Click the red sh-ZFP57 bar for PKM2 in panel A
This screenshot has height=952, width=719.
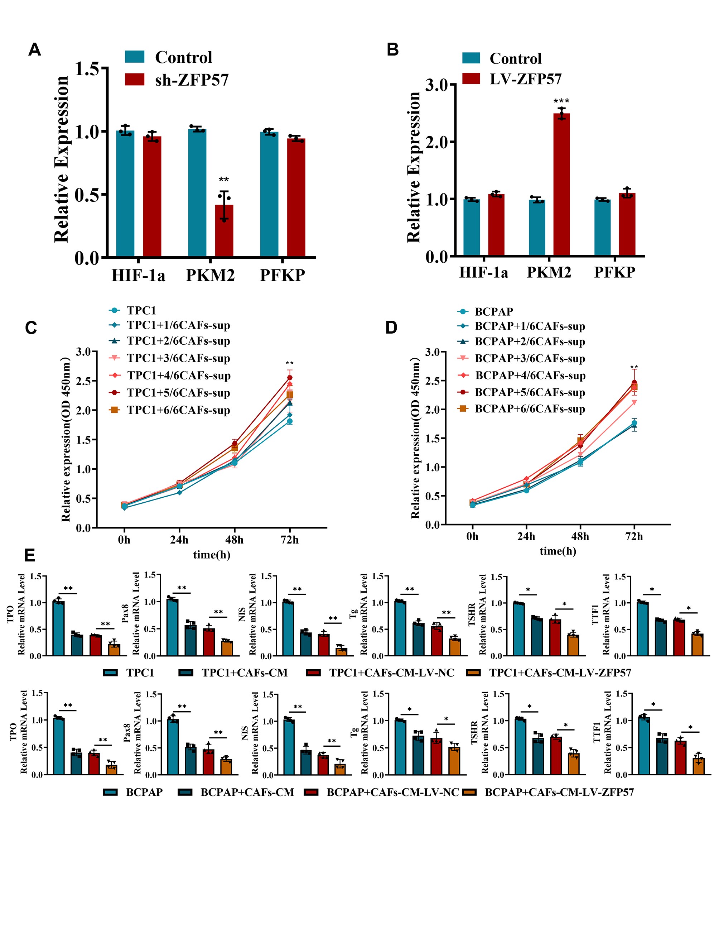[x=224, y=231]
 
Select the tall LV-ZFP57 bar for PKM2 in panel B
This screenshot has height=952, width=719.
[x=561, y=185]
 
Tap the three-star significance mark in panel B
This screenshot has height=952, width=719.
[x=561, y=101]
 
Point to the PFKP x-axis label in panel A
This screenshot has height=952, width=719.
[x=282, y=276]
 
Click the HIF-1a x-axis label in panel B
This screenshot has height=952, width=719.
[x=483, y=272]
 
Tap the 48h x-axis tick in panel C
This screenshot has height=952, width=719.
[x=235, y=540]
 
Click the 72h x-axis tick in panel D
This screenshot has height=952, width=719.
[x=634, y=537]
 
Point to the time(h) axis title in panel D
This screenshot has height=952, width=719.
[x=558, y=551]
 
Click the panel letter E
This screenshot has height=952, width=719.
[x=30, y=555]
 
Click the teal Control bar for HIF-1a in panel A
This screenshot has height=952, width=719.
[x=125, y=194]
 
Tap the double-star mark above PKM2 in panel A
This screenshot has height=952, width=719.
[x=223, y=180]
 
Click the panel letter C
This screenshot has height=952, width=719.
[x=31, y=328]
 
